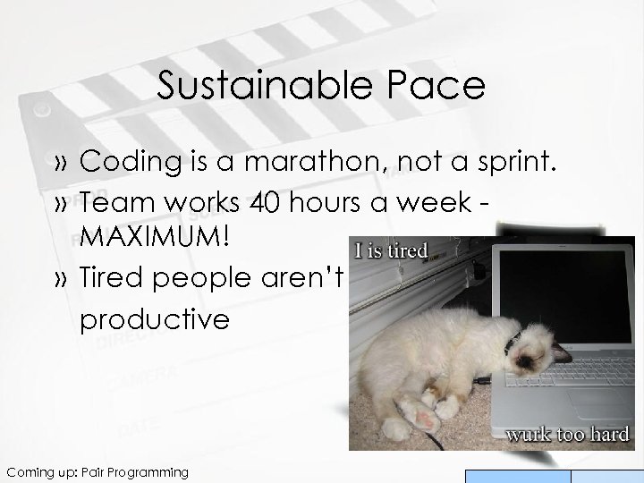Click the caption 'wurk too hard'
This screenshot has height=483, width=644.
(567, 435)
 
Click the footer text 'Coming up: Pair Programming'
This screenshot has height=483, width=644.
(96, 471)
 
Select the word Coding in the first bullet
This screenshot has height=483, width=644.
(126, 163)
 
